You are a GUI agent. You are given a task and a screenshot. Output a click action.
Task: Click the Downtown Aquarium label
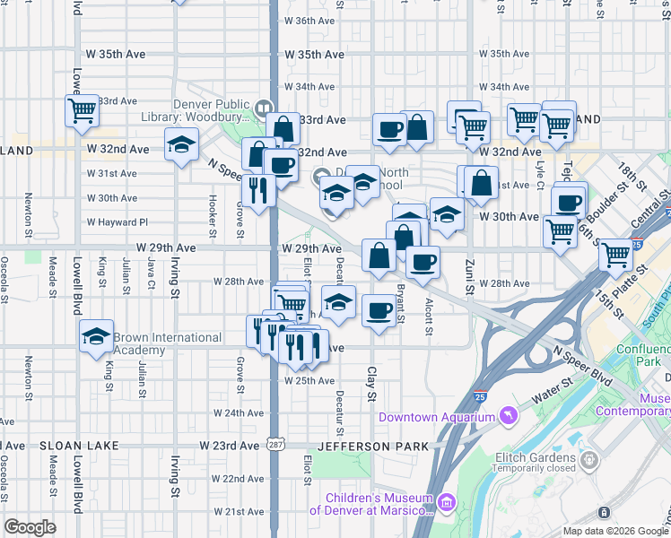(436, 417)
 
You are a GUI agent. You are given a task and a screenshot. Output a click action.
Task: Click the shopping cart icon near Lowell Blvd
(81, 111)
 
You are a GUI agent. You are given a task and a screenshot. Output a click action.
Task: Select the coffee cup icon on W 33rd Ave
(390, 129)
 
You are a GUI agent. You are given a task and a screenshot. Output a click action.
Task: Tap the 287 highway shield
(274, 445)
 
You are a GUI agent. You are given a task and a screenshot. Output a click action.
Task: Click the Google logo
(29, 527)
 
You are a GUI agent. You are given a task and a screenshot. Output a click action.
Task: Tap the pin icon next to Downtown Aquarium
(509, 416)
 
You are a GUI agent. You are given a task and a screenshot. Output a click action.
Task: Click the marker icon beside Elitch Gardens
(588, 460)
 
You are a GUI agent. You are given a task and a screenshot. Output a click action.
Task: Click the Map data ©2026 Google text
(614, 531)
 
